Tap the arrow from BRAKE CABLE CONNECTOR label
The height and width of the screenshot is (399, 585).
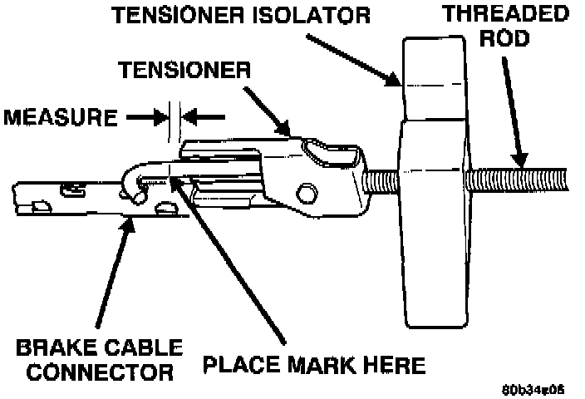coord(112,274)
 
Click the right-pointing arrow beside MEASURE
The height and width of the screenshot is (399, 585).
coord(145,116)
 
